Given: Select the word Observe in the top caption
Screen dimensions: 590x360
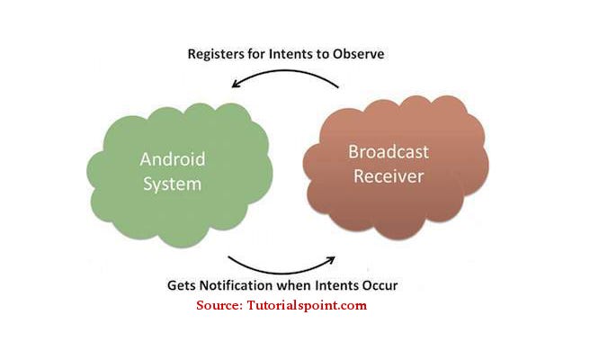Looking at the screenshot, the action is point(358,54).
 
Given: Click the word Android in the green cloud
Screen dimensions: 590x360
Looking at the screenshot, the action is point(173,159).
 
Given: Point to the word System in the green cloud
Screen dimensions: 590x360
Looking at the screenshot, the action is point(173,184).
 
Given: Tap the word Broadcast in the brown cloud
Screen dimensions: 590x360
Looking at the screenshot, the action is point(389,152).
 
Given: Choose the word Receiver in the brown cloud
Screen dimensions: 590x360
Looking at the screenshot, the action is point(389,176).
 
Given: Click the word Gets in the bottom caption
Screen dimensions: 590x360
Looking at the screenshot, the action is point(182,285).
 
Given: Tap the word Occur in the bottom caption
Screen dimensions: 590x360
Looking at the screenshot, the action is point(380,285).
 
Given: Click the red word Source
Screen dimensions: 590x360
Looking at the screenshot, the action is point(219,305).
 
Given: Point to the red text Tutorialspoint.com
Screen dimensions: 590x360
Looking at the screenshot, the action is point(307,305).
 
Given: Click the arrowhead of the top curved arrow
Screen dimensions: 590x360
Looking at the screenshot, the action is point(236,83).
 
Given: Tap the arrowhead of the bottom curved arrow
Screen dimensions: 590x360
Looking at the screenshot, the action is point(330,260).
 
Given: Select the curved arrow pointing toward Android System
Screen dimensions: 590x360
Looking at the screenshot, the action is point(285,71).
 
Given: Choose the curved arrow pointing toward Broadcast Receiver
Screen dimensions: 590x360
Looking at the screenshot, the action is point(281,273).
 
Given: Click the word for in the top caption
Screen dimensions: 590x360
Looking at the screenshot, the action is point(256,54).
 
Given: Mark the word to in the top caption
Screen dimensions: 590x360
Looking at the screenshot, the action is point(323,55).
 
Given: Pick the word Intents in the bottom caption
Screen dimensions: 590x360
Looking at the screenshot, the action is point(337,285).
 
